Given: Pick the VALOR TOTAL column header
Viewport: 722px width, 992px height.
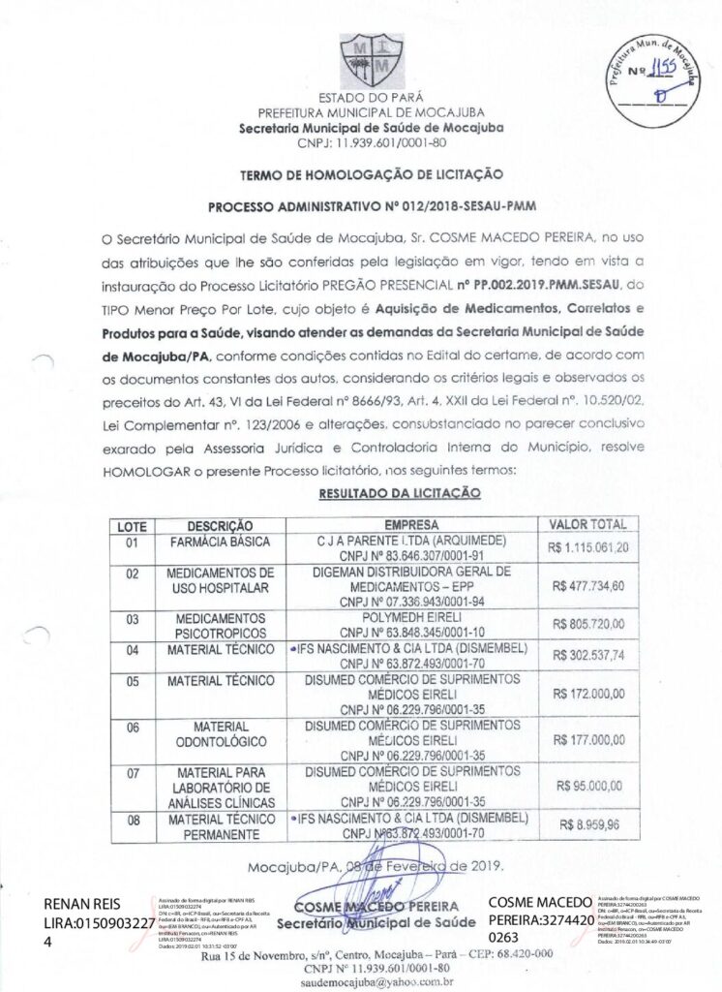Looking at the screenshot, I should [x=588, y=524].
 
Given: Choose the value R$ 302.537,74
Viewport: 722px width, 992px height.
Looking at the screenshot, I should [x=588, y=655].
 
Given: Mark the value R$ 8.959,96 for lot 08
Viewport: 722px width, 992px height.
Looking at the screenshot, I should [x=588, y=824].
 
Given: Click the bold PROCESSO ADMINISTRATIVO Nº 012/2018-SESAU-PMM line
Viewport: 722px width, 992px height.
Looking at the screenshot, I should [x=372, y=206].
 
